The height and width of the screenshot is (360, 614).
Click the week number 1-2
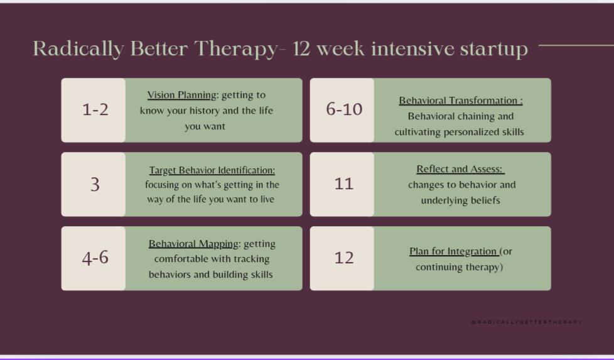coord(95,110)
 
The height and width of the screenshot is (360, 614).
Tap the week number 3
coord(95,184)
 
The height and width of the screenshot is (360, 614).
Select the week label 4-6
coord(95,258)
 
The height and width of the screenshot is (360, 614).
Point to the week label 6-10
coord(344,109)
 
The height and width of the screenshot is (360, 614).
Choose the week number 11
coord(344,183)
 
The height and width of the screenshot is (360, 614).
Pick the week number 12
coord(344,258)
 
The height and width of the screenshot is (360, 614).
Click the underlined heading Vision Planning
coord(181,95)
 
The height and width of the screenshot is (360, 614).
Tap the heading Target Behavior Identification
coord(212,170)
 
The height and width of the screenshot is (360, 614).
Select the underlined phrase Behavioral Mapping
coord(193,244)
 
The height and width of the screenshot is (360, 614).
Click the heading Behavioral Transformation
coord(461,101)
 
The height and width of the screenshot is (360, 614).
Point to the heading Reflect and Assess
coord(461,169)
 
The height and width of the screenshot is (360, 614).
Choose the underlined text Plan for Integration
coord(454,251)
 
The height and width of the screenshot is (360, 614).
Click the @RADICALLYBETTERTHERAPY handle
coord(526,322)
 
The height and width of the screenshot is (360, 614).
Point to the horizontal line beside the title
coord(576,45)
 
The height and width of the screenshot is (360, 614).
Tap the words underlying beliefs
coord(461,200)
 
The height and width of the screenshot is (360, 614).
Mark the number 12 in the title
coord(301,50)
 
